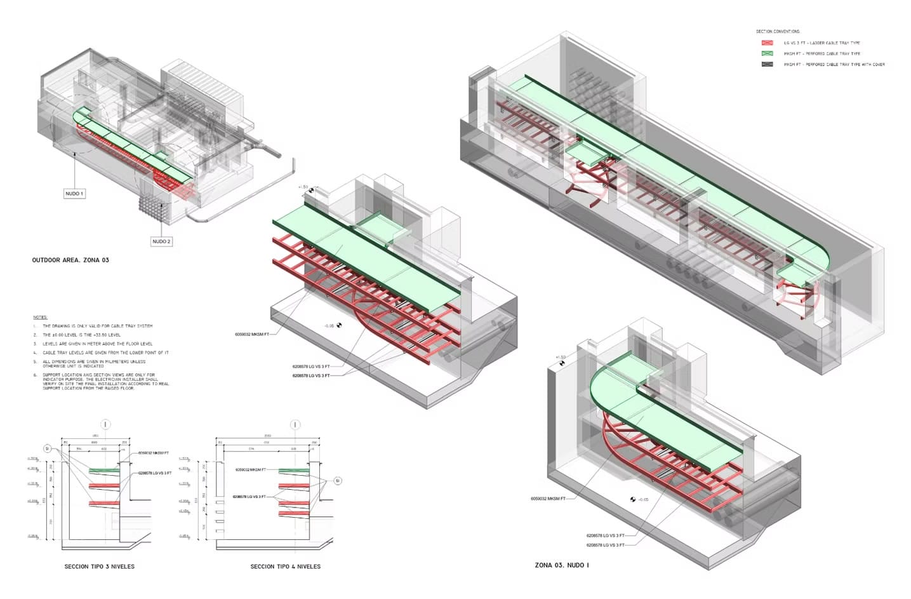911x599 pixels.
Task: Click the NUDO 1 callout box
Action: (x=74, y=193)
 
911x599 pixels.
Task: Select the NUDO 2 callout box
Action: (x=161, y=241)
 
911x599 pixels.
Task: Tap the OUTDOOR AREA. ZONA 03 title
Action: (x=70, y=260)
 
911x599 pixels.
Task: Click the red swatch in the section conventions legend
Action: (x=767, y=43)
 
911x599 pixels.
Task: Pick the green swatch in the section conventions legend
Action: (x=767, y=54)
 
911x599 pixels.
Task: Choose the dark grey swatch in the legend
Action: (x=767, y=64)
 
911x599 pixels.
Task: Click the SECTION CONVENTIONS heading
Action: (x=778, y=31)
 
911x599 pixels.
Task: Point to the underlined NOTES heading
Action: (x=40, y=317)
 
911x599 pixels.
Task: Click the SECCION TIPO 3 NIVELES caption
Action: (x=100, y=566)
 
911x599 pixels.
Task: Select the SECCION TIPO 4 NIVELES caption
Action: (x=285, y=566)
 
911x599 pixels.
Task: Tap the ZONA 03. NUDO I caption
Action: (x=562, y=565)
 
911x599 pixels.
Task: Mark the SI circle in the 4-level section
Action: (x=338, y=481)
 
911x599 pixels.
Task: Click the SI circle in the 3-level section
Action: (x=47, y=448)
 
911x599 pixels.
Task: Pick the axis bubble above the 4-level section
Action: (x=295, y=424)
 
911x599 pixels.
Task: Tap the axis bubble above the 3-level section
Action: (x=105, y=424)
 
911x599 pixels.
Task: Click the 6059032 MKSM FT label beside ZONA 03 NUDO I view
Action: (x=548, y=499)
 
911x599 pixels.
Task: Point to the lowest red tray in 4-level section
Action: (x=294, y=503)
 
